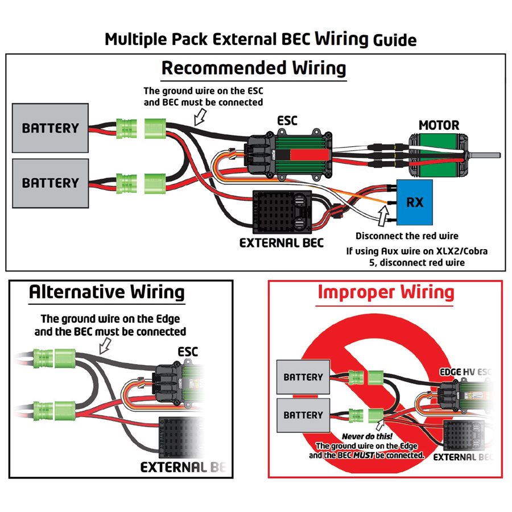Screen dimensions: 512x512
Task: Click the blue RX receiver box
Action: (x=414, y=201)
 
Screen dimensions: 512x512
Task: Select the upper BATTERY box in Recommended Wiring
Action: (x=50, y=127)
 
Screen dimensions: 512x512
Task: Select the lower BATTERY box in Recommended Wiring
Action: (x=50, y=183)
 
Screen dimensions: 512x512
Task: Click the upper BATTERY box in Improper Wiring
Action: (x=303, y=377)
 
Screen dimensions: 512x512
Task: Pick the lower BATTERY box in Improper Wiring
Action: (x=303, y=415)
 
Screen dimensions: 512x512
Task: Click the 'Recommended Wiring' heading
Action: (x=253, y=68)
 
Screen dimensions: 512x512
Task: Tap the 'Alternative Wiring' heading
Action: (x=106, y=292)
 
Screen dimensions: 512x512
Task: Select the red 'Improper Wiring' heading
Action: (x=386, y=292)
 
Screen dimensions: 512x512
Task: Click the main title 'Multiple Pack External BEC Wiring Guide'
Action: (x=261, y=39)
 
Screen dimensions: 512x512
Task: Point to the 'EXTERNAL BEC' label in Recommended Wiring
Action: (x=281, y=243)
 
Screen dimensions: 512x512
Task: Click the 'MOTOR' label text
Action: (x=439, y=125)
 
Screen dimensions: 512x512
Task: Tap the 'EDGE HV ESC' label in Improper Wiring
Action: (x=464, y=372)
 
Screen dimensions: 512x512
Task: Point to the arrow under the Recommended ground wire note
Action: (x=201, y=117)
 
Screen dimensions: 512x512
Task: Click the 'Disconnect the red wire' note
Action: (x=407, y=236)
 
